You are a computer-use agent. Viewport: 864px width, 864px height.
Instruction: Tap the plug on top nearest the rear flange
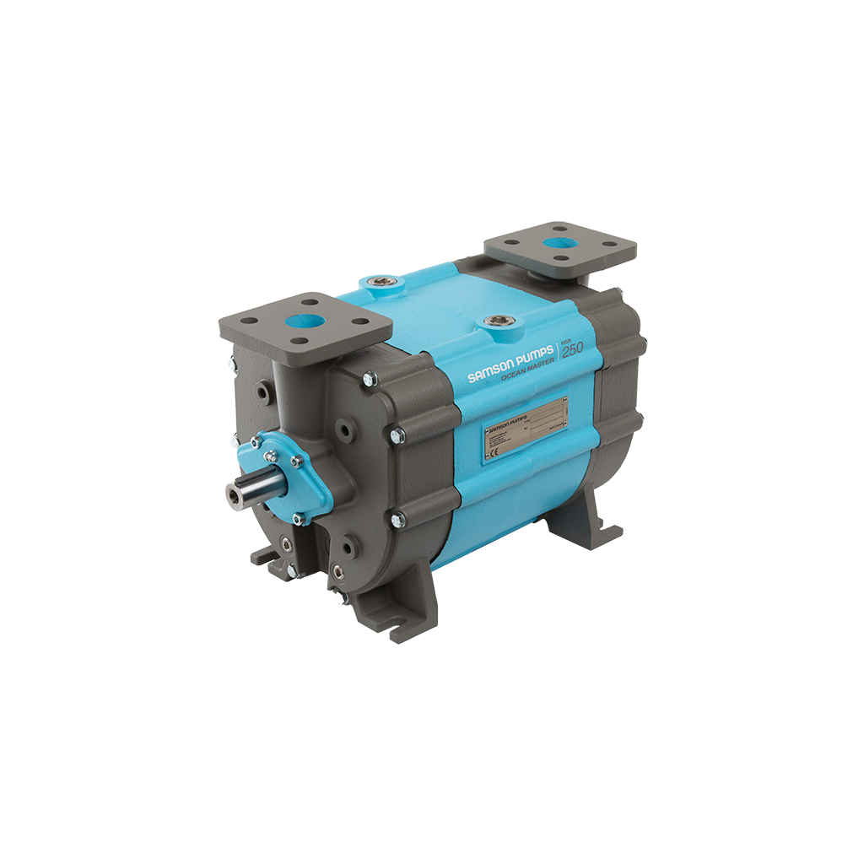tap(375, 281)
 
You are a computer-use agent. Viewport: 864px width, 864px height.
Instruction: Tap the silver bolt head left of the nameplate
tap(397, 436)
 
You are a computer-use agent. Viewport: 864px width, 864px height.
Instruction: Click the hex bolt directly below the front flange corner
tap(368, 381)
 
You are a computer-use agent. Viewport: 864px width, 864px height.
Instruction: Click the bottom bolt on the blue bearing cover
tap(297, 518)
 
